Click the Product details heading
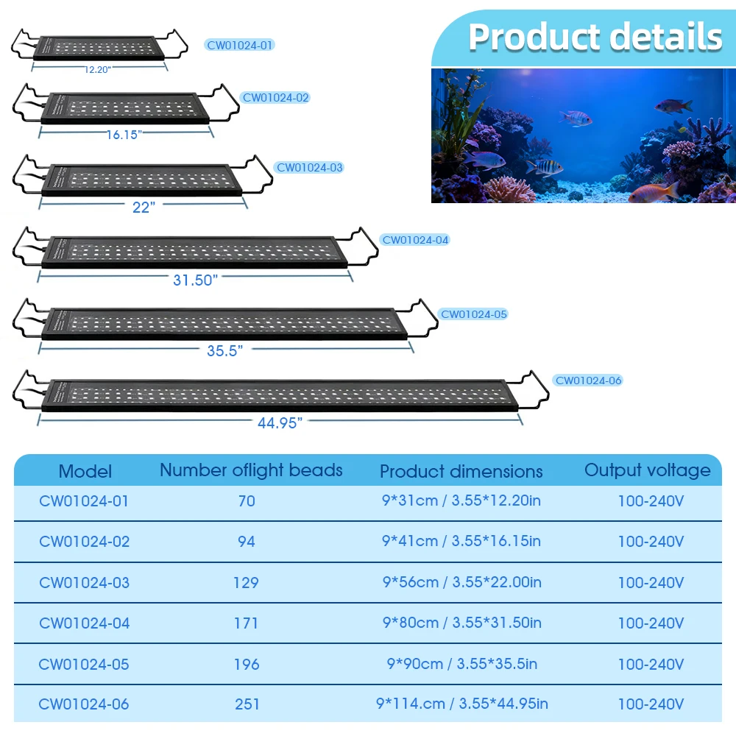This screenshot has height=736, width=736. click(595, 37)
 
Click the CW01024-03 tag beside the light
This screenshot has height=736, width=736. click(310, 168)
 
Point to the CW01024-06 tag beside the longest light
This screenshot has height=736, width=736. click(588, 381)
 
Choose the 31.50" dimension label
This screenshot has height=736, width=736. click(194, 280)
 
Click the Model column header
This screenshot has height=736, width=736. click(85, 471)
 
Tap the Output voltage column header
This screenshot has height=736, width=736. click(648, 470)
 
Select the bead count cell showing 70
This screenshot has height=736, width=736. click(247, 501)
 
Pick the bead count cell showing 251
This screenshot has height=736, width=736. click(247, 704)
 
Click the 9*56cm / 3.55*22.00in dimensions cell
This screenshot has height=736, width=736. click(461, 582)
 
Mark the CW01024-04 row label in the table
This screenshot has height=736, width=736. click(84, 623)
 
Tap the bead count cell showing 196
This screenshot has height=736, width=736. click(247, 664)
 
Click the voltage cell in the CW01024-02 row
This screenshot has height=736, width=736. click(651, 542)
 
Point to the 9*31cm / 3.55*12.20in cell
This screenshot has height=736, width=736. click(461, 501)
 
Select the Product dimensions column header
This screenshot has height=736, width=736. click(461, 471)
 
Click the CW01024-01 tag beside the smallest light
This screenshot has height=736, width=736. click(240, 46)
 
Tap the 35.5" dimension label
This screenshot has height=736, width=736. click(224, 350)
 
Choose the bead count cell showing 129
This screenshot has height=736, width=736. click(246, 582)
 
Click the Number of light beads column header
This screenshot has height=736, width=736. click(251, 470)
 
